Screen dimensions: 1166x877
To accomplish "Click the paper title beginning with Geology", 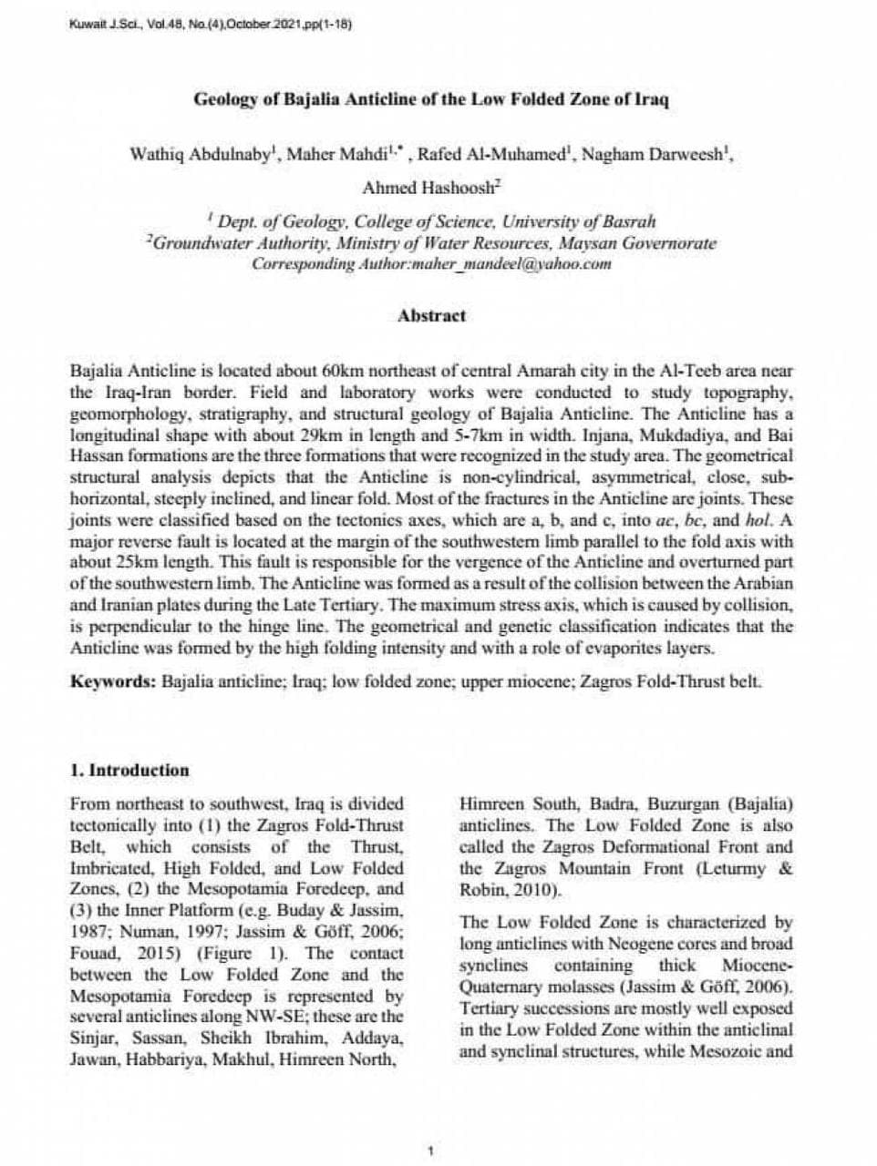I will coord(431,99).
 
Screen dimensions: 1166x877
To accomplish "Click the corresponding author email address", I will coord(511,265).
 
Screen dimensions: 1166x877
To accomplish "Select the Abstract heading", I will coord(431,316).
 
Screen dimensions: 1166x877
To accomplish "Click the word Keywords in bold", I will coord(112,681).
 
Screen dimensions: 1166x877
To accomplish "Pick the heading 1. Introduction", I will coord(129,770).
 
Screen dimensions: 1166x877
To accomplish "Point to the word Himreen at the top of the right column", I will coord(492,804).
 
